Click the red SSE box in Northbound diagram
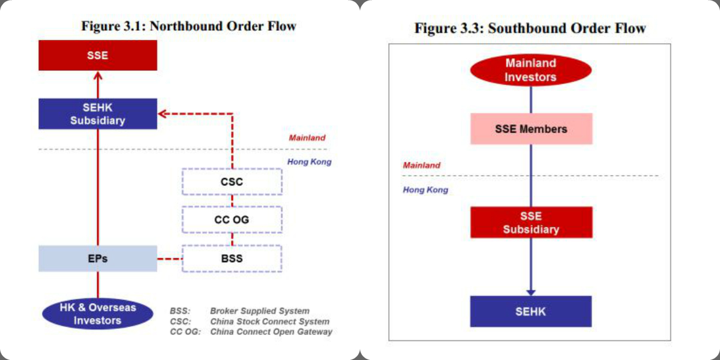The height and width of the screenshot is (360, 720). [x=98, y=55]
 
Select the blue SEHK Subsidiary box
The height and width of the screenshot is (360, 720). [x=98, y=113]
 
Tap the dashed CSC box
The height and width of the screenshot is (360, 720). [x=232, y=181]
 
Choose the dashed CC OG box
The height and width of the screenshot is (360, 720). [x=232, y=220]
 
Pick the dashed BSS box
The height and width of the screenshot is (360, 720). [x=232, y=259]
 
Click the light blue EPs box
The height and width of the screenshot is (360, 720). [x=98, y=259]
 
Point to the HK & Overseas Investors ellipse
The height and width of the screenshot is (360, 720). [x=98, y=314]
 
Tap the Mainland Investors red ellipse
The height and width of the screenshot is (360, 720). [x=530, y=70]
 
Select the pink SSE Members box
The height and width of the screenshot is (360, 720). [x=531, y=129]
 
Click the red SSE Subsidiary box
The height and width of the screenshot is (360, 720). [x=531, y=223]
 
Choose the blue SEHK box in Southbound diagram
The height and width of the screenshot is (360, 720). [x=531, y=311]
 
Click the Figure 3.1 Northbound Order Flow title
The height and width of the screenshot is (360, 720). [x=188, y=26]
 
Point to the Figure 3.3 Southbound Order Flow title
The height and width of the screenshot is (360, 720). [x=530, y=28]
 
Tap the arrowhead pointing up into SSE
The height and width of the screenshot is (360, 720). [x=98, y=75]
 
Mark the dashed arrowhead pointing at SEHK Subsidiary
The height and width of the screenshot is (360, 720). [x=163, y=113]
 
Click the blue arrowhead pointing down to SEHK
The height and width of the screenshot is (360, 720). [x=531, y=291]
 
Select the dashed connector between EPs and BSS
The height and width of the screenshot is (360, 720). [x=170, y=259]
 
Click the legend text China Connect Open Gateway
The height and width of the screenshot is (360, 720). [x=271, y=331]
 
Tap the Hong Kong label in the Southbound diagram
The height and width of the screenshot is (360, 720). [x=425, y=190]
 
